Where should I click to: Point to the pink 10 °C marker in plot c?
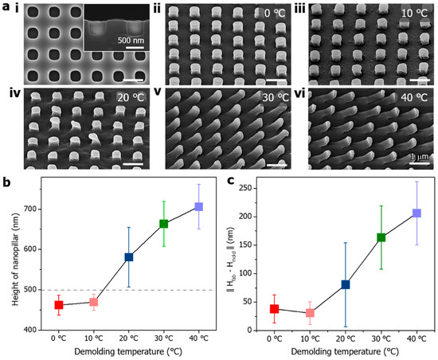[x=310, y=313]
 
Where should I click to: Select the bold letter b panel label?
[x=7, y=182]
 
